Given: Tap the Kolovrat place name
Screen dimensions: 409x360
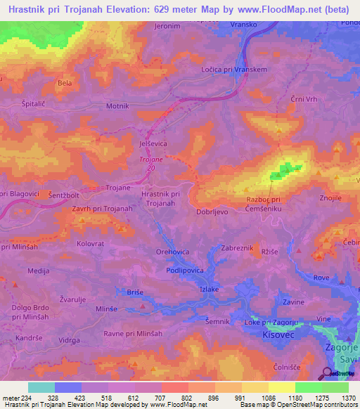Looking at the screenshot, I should [x=70, y=244].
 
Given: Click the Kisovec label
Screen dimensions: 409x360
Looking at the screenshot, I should [x=278, y=335].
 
